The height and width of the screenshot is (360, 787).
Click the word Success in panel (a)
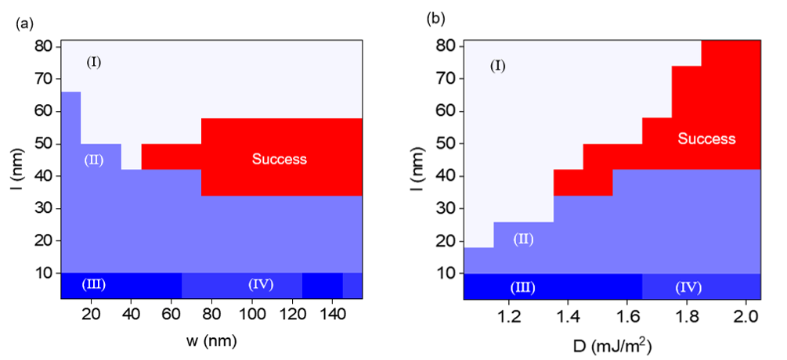coord(279,159)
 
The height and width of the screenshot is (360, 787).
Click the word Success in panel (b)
coord(706,139)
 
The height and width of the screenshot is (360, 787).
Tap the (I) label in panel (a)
coord(94,62)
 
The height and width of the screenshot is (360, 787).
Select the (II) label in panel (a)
coord(93,160)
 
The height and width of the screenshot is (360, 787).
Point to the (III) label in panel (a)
coord(93,283)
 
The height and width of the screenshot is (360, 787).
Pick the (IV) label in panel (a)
coord(260,283)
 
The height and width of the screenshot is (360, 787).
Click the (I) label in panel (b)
coord(497,66)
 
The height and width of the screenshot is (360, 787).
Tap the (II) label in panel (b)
coord(523,239)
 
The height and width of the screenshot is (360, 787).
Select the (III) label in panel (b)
coord(522,287)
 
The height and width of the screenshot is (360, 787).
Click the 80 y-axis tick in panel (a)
coord(45,46)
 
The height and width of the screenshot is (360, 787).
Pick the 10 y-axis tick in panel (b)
coord(446,273)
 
